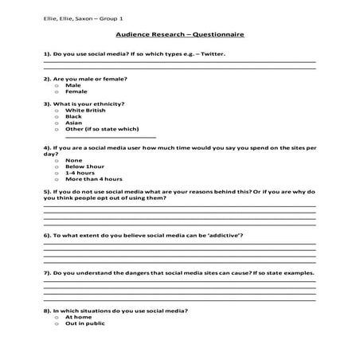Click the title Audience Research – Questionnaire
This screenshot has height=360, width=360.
(179, 36)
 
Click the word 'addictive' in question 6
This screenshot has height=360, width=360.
(224, 237)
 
